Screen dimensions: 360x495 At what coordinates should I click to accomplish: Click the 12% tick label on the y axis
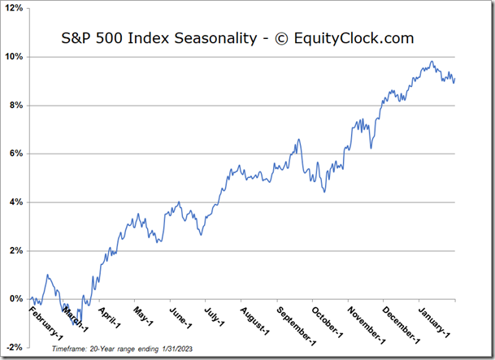click(x=15, y=9)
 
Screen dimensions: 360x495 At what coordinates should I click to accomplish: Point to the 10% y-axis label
click(x=15, y=57)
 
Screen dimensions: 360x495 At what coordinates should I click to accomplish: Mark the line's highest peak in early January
click(x=432, y=62)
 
